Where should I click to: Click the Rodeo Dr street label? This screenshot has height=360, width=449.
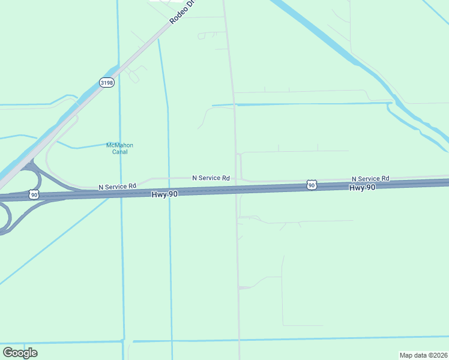(183, 12)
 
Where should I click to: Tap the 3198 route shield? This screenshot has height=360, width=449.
(107, 83)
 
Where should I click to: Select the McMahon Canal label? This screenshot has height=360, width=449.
(119, 148)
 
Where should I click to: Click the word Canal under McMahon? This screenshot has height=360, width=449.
(119, 152)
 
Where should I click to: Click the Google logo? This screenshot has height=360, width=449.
(20, 353)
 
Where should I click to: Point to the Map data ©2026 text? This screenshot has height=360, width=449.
(423, 355)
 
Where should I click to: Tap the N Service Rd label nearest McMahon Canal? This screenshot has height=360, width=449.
(118, 187)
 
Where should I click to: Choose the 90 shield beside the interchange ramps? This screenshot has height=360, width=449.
(34, 194)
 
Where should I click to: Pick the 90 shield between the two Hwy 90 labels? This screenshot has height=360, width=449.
(311, 185)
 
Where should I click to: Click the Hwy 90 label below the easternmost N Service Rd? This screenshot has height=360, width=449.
(362, 188)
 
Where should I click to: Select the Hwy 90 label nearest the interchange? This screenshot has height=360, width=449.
(164, 194)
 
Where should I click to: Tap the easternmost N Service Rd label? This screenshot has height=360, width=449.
(370, 179)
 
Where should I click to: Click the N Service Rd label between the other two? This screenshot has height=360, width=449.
(211, 178)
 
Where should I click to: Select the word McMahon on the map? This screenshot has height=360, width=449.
(119, 145)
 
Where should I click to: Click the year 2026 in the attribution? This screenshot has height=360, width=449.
(439, 355)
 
